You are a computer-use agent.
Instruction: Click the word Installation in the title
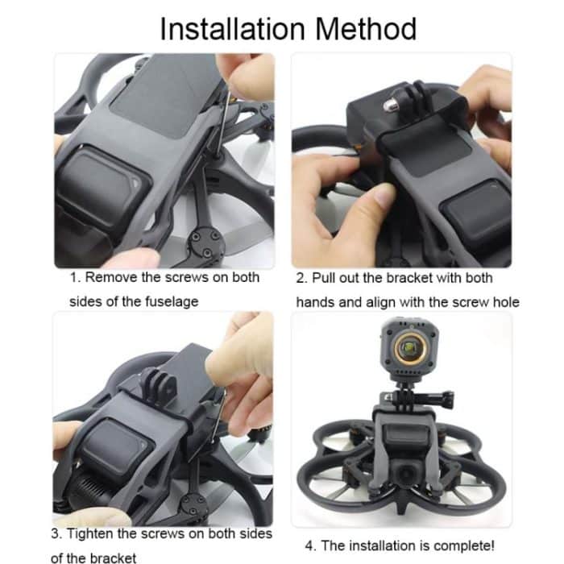[230, 29]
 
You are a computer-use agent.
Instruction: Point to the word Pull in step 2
[326, 278]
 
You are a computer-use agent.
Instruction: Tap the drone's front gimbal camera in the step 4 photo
[408, 476]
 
